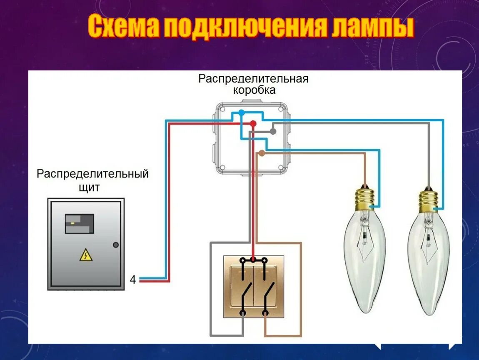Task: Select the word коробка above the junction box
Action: click(254, 90)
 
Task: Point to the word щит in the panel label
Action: click(89, 187)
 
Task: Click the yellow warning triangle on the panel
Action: click(86, 255)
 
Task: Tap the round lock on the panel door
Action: click(116, 245)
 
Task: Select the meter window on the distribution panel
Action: click(79, 223)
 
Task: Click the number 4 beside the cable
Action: click(132, 280)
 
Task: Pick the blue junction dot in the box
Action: click(241, 112)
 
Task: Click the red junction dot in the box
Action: click(253, 123)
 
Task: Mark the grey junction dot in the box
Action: click(273, 131)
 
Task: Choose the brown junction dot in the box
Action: click(262, 153)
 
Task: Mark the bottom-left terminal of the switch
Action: click(242, 312)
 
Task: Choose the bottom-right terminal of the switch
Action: click(265, 312)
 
